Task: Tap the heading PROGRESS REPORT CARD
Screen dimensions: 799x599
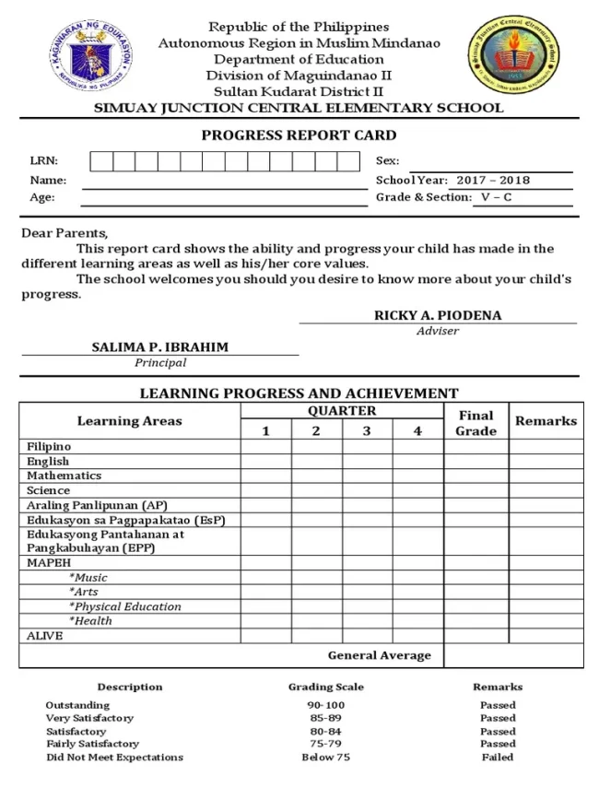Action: [299, 135]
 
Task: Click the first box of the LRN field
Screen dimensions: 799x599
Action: [101, 161]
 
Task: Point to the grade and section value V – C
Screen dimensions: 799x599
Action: [495, 197]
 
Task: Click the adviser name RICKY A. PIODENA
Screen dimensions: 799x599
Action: [438, 315]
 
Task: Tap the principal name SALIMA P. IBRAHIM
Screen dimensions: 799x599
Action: [159, 347]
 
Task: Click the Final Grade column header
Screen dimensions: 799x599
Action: [476, 423]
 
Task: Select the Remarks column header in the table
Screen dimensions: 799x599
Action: [546, 421]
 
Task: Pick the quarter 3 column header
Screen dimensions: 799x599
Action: [367, 431]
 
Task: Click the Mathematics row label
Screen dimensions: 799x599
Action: [65, 476]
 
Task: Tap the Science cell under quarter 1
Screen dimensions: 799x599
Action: [266, 490]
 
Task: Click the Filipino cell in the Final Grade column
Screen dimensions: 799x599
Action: [476, 447]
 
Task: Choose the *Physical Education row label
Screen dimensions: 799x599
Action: [125, 606]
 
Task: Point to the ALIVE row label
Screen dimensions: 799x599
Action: [45, 635]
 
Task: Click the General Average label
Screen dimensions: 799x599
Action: [379, 655]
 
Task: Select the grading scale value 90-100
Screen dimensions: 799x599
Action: [325, 705]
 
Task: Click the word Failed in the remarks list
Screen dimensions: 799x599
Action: [498, 757]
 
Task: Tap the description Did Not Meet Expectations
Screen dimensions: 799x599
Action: [115, 757]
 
